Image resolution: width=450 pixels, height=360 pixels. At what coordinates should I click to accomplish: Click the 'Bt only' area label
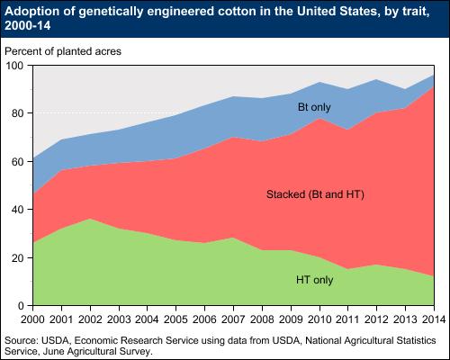point(314,107)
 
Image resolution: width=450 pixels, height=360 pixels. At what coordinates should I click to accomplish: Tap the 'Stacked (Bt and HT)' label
point(315,194)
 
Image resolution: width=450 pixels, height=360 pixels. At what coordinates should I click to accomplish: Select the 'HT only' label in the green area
point(315,280)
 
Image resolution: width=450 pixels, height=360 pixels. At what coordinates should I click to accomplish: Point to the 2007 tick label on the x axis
point(233,319)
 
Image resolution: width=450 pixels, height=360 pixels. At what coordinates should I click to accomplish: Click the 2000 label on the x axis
point(32,319)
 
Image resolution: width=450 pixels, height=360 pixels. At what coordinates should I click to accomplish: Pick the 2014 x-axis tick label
point(434,319)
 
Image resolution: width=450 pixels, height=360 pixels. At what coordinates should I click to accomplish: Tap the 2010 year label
point(319,319)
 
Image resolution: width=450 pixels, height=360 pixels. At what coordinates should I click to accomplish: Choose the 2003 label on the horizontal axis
point(119,319)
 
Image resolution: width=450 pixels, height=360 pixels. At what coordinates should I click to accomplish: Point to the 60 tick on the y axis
point(18,162)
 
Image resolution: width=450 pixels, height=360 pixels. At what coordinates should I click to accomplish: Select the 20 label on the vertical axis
point(18,258)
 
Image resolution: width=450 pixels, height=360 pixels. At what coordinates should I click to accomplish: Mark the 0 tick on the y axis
point(21,306)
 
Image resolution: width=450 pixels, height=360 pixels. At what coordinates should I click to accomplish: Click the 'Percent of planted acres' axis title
point(63,51)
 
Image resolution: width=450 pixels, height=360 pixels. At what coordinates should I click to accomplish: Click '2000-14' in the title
point(28,25)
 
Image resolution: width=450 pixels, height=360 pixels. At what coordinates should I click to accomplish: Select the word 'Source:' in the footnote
point(22,340)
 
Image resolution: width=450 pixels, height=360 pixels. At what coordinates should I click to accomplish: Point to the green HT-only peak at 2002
point(90,219)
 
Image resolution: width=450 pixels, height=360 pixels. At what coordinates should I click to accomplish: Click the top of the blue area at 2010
point(319,82)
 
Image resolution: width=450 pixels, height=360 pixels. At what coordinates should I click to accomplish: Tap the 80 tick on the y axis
point(18,113)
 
